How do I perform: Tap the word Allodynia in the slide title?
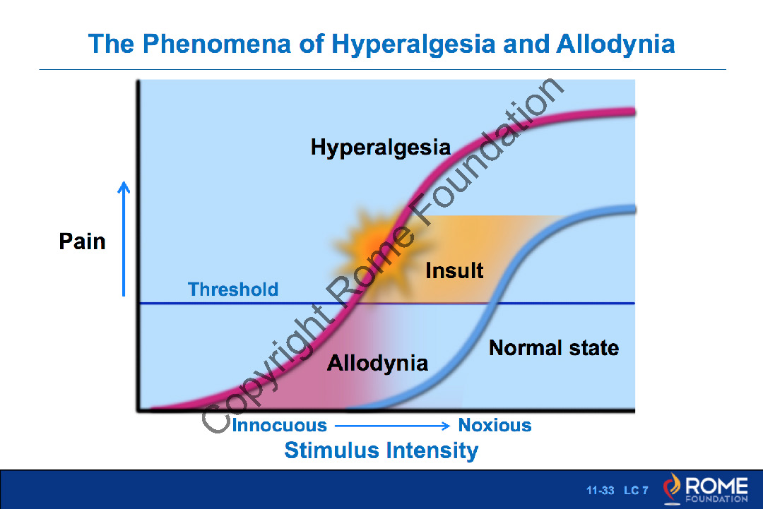[615, 44]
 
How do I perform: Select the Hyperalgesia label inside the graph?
[380, 148]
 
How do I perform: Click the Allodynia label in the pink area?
[377, 364]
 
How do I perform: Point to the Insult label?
[454, 270]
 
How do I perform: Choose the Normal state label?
[553, 348]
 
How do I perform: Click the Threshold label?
[233, 289]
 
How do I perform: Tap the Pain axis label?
[82, 241]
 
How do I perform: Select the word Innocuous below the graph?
[280, 426]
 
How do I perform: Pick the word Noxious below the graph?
[495, 426]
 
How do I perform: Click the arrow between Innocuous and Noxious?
[392, 426]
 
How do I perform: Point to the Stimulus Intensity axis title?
[381, 450]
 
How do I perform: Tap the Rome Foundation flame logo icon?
[672, 489]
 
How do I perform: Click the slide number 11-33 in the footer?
[600, 490]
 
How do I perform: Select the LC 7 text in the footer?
[636, 490]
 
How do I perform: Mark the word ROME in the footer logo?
[716, 486]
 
